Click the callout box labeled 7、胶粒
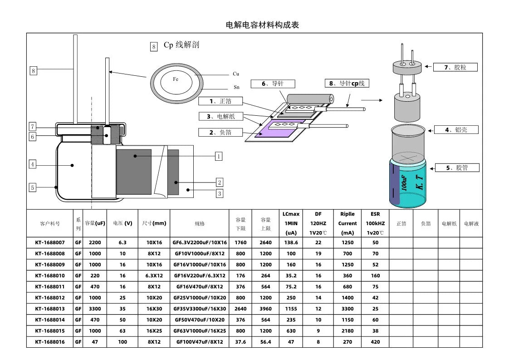point(455,67)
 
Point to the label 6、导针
point(273,84)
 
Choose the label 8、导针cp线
point(347,84)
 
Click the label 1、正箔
point(221,101)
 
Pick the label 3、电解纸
point(221,117)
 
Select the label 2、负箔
point(221,133)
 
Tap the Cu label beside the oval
point(236,74)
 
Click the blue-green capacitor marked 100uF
point(408,184)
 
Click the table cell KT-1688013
point(50,309)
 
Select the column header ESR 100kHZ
point(375,223)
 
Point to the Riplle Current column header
point(347,223)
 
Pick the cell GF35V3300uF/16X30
point(200,309)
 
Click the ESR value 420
point(375,342)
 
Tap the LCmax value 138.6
point(291,242)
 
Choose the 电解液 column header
point(471,223)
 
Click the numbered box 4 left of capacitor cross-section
point(33,165)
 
